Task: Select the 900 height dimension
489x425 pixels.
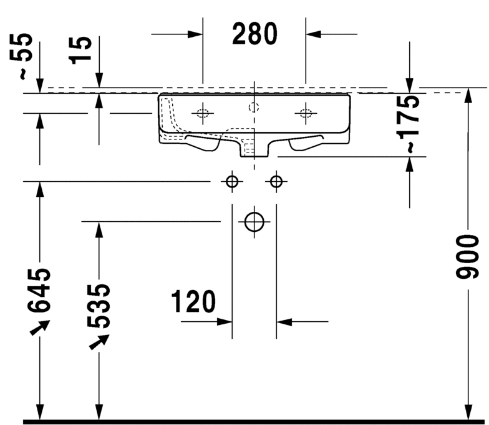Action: [x=467, y=256]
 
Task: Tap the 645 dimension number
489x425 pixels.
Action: [x=40, y=291]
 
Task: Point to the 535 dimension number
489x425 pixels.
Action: [x=99, y=306]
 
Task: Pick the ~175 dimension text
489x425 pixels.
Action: [x=410, y=124]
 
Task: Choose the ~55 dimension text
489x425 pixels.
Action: [x=24, y=56]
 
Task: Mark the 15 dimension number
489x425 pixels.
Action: [x=80, y=50]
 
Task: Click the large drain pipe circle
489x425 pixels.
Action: [x=254, y=221]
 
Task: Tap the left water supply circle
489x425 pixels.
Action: [x=231, y=181]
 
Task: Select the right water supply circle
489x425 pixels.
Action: [x=276, y=181]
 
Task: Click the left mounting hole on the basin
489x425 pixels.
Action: [x=203, y=113]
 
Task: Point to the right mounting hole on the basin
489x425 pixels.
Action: [x=305, y=113]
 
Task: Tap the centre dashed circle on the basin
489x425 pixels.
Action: [x=254, y=107]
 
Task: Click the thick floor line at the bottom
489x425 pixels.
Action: [x=249, y=421]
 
